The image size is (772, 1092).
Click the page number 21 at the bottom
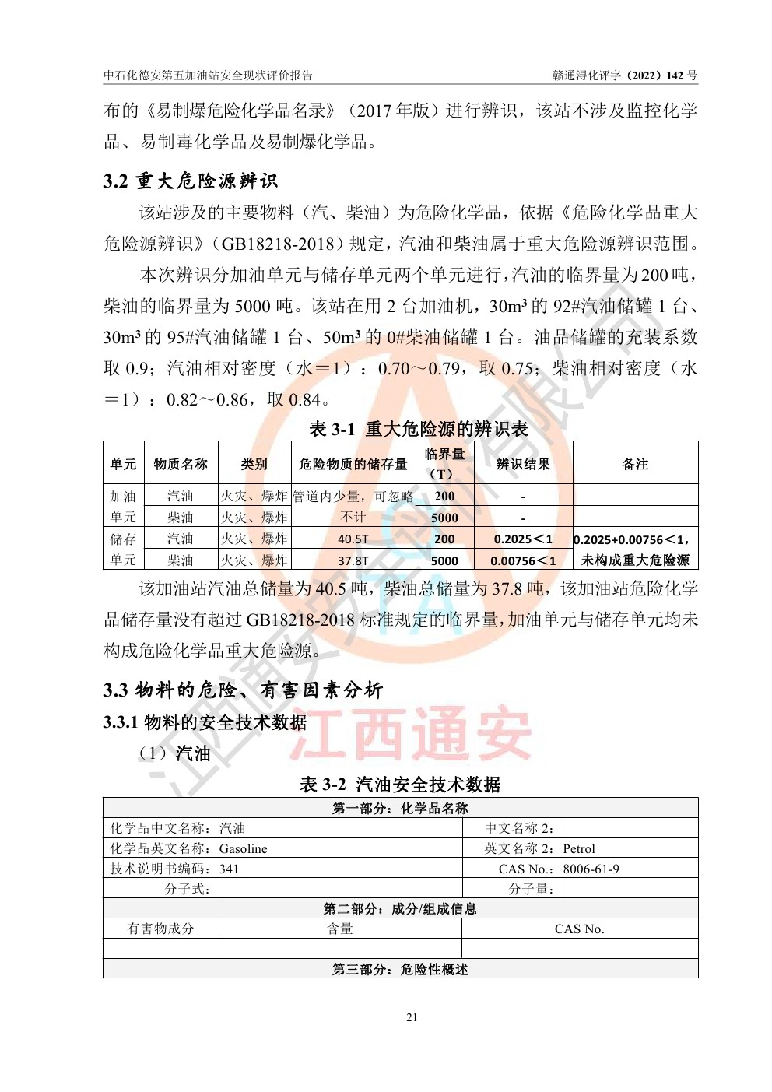[x=412, y=1017]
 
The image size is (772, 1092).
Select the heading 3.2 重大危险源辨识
[x=190, y=181]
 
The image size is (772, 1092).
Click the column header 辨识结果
[x=523, y=464]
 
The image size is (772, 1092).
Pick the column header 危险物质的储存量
[x=353, y=464]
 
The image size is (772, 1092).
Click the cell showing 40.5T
[x=353, y=539]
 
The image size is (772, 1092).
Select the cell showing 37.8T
[x=353, y=560]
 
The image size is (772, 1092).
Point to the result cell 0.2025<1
[x=523, y=539]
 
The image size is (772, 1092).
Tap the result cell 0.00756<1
[x=523, y=560]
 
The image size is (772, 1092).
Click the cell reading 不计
[x=353, y=518]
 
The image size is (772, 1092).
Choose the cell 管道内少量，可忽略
[x=353, y=497]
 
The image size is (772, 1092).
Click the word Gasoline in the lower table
[x=244, y=848]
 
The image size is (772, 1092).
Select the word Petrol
[x=579, y=848]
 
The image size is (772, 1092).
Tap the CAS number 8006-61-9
[x=591, y=869]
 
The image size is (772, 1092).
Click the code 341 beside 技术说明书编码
[x=230, y=869]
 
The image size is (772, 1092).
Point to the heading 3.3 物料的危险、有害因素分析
[x=243, y=690]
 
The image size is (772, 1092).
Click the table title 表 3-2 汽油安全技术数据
[x=400, y=784]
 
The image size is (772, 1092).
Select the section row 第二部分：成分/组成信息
[x=400, y=908]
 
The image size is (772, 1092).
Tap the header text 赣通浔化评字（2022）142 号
[x=625, y=75]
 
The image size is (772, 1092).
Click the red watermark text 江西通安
[x=410, y=734]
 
